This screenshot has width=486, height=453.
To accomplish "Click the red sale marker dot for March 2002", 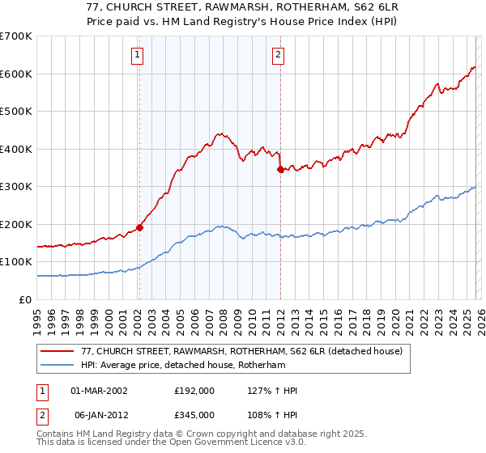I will [139, 227].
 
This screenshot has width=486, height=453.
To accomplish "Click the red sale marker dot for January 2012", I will [280, 170].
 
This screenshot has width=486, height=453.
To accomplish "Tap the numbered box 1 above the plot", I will [137, 55].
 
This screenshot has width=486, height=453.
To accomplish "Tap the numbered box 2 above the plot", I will [278, 55].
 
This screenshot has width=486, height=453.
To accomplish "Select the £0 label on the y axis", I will [26, 299].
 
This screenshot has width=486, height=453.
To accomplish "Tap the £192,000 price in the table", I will [194, 391].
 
